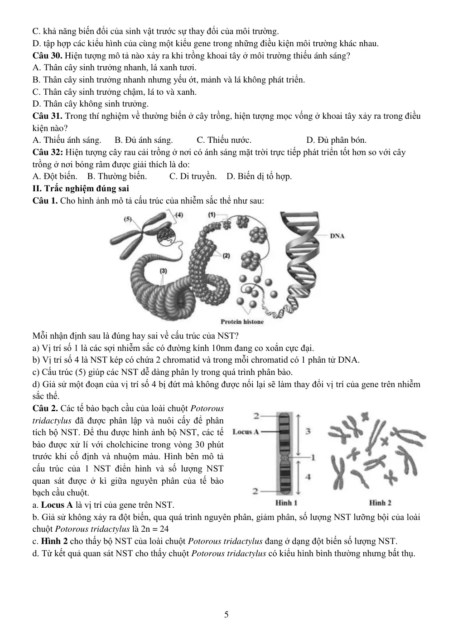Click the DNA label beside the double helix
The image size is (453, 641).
[x=337, y=236]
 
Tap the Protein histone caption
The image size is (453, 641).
[x=242, y=322]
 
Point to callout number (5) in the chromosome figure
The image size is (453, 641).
[x=128, y=219]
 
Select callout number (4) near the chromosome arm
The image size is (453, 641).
[x=179, y=215]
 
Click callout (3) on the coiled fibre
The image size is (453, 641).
[x=163, y=271]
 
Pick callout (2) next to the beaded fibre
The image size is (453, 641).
[x=226, y=256]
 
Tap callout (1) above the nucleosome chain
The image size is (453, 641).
[x=212, y=214]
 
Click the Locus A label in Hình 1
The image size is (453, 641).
[x=246, y=432]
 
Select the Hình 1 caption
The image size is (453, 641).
[x=286, y=511]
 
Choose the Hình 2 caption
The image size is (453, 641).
[x=380, y=511]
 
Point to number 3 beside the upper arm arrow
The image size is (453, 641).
[x=308, y=431]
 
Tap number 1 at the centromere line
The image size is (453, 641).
[x=313, y=457]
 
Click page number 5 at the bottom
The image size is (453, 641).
[x=226, y=614]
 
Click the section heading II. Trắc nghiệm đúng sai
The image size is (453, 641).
[x=81, y=188]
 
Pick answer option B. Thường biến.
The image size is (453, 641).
[x=117, y=176]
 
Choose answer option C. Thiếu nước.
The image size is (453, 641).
[x=224, y=140]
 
